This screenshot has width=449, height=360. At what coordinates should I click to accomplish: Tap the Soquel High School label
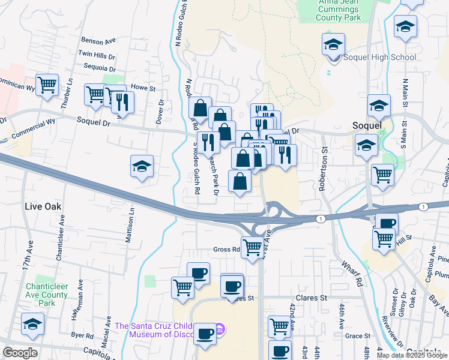[379, 58]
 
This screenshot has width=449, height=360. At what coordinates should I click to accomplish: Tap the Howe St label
[143, 88]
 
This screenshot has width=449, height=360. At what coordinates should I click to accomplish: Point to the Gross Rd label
[226, 249]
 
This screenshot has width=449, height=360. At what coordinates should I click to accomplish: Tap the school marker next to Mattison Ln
[142, 166]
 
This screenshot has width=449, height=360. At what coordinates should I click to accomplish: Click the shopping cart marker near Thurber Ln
[47, 85]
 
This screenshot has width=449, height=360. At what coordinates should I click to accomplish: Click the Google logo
[20, 353]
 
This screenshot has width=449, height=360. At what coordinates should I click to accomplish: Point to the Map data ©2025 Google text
[412, 355]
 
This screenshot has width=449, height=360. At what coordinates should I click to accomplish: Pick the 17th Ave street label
[29, 254]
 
